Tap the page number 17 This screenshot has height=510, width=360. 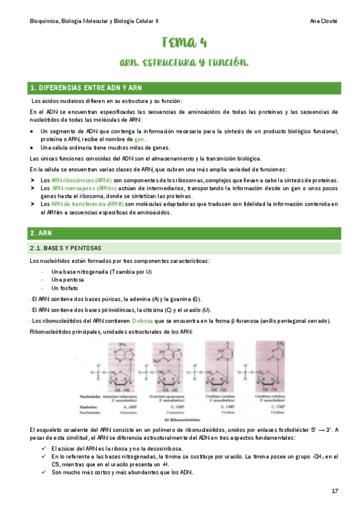335,491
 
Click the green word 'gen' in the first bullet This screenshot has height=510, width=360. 139,139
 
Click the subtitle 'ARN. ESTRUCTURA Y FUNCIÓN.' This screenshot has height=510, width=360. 184,63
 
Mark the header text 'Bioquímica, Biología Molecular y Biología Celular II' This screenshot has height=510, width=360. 94,21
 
